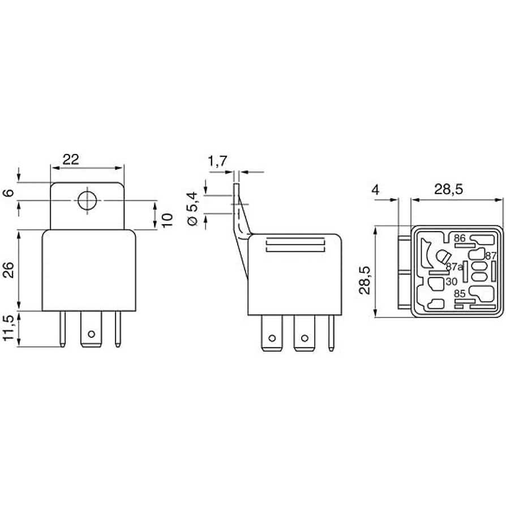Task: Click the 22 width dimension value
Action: click(70, 160)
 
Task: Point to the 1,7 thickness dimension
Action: click(217, 162)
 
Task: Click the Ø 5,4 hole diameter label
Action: click(192, 209)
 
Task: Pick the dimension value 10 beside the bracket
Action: click(167, 220)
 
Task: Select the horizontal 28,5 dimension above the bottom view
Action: click(449, 190)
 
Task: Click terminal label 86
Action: click(459, 239)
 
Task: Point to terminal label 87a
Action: click(454, 267)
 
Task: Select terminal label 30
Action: click(451, 281)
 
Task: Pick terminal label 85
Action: click(460, 294)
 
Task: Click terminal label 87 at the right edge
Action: click(490, 256)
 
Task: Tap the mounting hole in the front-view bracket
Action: click(87, 201)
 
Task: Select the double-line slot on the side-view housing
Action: click(296, 245)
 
